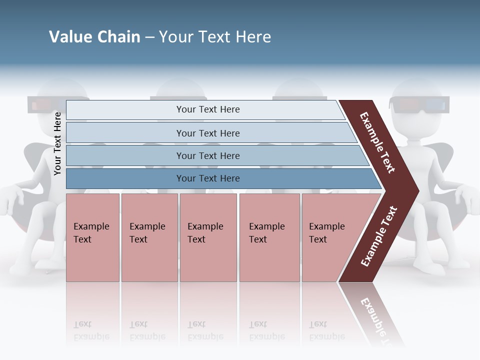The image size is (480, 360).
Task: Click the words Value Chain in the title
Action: tap(94, 37)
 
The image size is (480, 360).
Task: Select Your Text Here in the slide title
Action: tap(215, 37)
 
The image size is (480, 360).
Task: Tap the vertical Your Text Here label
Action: tap(57, 143)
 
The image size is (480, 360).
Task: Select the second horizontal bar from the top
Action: tap(207, 133)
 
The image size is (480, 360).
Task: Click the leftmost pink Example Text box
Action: tap(92, 237)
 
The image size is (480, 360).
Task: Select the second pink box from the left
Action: tap(149, 237)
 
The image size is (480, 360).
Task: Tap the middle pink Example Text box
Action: tap(208, 237)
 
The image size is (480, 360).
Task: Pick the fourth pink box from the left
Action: tap(269, 237)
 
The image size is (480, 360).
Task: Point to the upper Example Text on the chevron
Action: tap(377, 142)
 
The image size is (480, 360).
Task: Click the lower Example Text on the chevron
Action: tap(379, 236)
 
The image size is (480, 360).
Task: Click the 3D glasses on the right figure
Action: tap(419, 105)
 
